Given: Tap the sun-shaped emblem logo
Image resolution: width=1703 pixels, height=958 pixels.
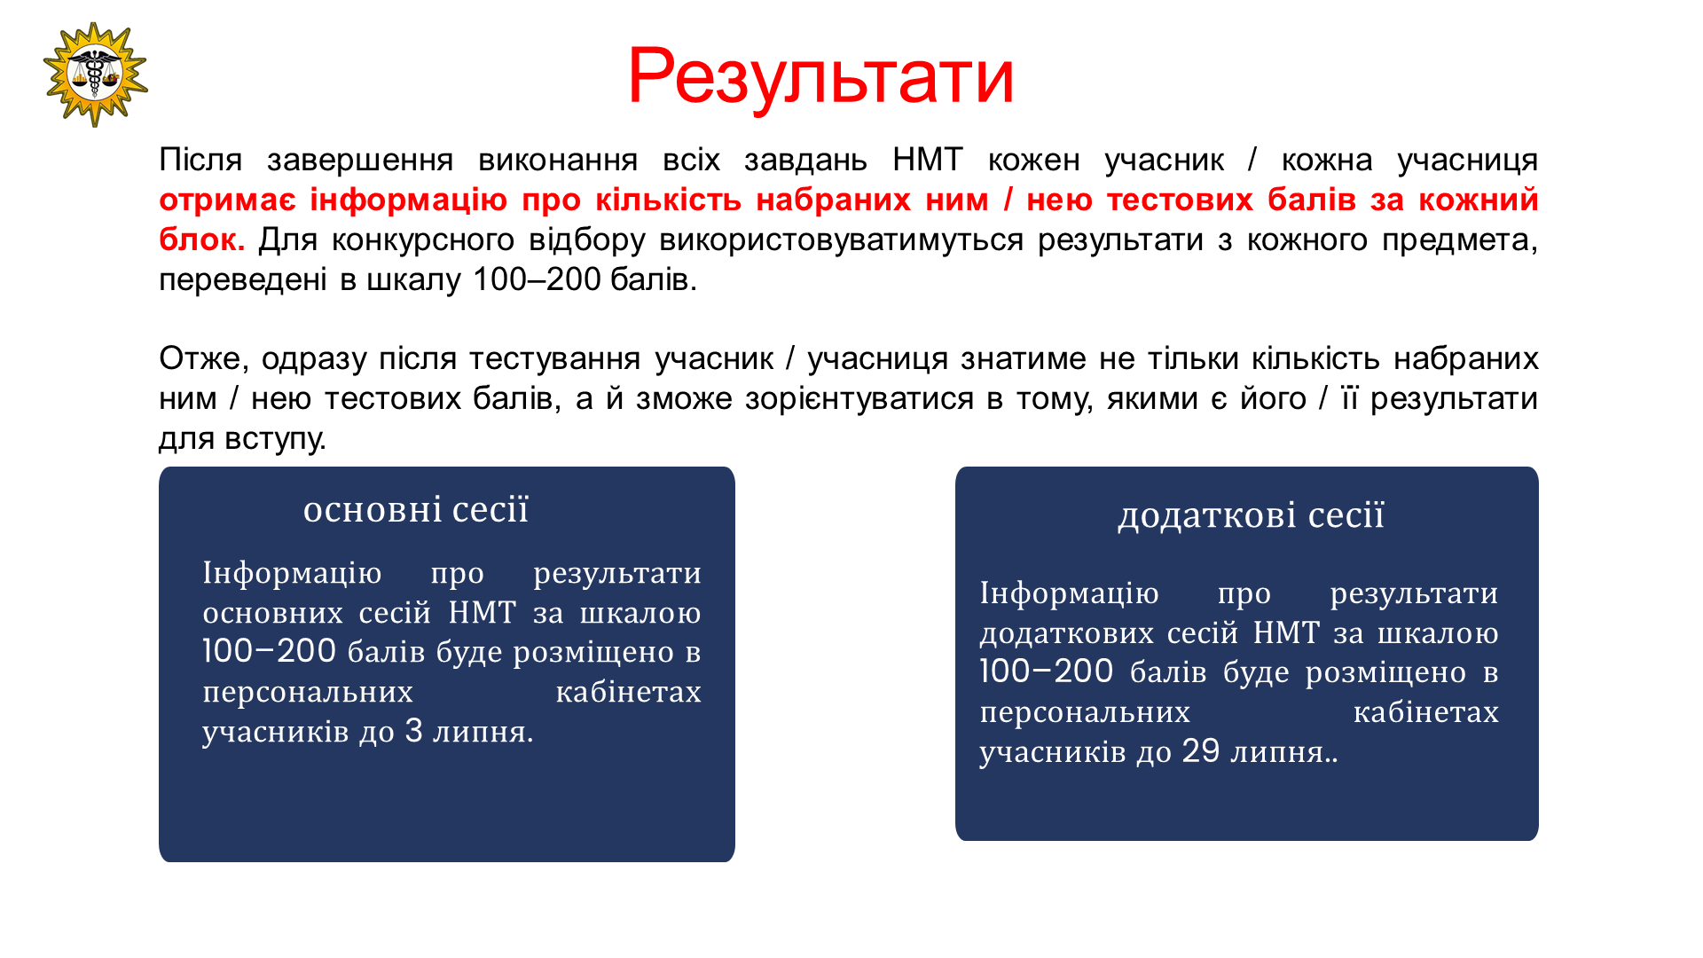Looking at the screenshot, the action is pyautogui.click(x=95, y=75).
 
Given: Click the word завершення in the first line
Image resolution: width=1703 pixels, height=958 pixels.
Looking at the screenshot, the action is pyautogui.click(x=360, y=161).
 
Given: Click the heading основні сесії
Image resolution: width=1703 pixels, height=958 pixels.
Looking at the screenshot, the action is pyautogui.click(x=416, y=510).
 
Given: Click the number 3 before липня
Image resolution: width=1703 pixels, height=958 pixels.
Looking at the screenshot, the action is pyautogui.click(x=413, y=731).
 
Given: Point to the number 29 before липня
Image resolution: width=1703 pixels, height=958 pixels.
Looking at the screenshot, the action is pyautogui.click(x=1201, y=751).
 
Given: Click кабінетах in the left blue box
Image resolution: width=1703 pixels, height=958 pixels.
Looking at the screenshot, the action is pyautogui.click(x=628, y=692).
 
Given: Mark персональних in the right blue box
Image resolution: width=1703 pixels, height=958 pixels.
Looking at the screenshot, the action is pyautogui.click(x=1085, y=713).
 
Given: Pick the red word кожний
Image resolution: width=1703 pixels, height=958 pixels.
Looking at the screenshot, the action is pyautogui.click(x=1478, y=200).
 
